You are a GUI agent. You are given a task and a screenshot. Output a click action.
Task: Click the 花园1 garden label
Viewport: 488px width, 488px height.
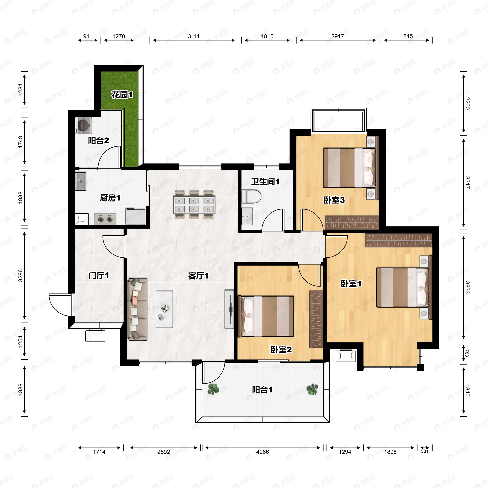pos(122,95)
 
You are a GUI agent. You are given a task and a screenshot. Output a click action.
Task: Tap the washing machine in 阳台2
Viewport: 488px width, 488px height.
pos(84,125)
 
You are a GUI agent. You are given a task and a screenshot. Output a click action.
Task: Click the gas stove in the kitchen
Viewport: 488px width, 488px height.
pos(105,219)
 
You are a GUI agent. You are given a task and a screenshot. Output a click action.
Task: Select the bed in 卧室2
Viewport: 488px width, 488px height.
pos(266,316)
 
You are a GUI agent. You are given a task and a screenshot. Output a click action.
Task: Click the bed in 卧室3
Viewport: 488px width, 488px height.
pos(349,168)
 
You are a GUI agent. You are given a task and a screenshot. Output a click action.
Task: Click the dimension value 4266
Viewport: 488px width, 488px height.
pos(263,452)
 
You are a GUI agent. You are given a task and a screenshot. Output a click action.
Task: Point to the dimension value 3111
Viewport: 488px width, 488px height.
pos(194,36)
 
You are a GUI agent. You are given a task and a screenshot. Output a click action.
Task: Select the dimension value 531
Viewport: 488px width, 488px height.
pos(425,451)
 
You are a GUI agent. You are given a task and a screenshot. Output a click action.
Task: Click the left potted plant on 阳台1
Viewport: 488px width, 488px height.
pos(213,389)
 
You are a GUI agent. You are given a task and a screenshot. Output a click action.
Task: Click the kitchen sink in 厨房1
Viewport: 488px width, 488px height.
pos(81,181)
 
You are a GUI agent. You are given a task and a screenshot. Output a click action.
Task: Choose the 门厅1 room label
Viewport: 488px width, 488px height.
pos(99,276)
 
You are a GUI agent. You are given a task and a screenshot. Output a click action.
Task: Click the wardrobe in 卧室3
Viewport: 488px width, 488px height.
pos(352,222)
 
